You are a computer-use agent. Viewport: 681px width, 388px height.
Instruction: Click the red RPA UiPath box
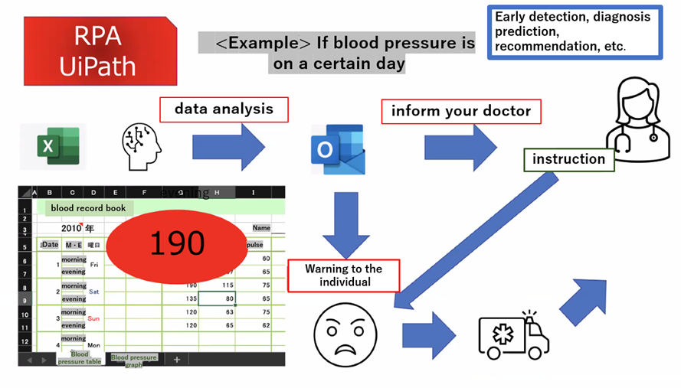(x=97, y=51)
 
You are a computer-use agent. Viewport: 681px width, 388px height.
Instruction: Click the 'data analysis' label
(x=224, y=109)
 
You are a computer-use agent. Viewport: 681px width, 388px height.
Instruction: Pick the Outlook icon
(x=336, y=146)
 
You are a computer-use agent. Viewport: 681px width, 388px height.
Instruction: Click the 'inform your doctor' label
(x=461, y=111)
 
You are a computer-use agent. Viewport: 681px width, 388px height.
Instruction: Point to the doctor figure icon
(x=632, y=120)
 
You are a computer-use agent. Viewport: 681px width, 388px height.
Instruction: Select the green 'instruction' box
(x=568, y=159)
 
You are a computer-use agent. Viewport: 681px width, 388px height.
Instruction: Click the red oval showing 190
(x=177, y=243)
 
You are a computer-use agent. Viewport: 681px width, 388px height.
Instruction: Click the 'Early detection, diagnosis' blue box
(x=575, y=31)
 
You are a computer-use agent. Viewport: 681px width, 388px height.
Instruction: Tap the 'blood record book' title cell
(x=88, y=207)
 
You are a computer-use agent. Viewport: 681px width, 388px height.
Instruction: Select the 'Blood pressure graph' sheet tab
(x=134, y=360)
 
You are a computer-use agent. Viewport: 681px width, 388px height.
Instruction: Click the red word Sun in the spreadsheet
(x=93, y=318)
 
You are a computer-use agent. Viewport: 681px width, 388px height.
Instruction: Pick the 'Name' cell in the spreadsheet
(x=261, y=227)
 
